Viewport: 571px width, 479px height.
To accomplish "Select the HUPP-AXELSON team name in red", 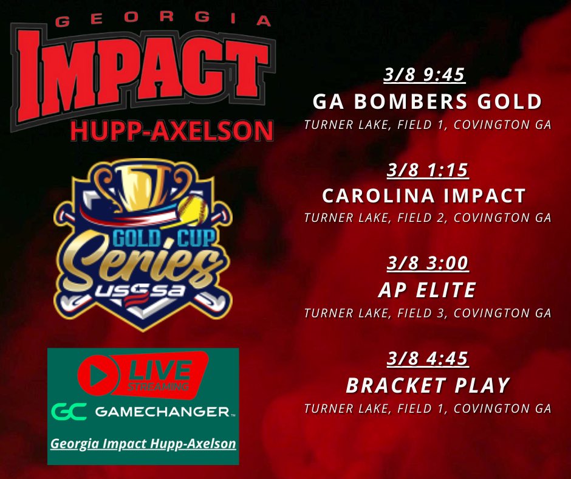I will (x=172, y=131).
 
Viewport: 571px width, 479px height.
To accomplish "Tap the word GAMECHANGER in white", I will (x=163, y=413).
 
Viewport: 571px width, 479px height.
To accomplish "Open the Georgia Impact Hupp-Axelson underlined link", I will (x=143, y=444).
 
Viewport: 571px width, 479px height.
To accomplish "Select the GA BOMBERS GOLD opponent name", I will (x=427, y=102).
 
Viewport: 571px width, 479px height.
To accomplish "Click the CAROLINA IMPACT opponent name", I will (x=424, y=196).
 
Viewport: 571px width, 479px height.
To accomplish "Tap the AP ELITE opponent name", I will (x=427, y=291).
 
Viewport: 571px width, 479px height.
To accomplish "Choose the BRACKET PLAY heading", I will (x=427, y=385).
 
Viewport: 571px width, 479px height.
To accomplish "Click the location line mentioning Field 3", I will (x=428, y=314).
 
